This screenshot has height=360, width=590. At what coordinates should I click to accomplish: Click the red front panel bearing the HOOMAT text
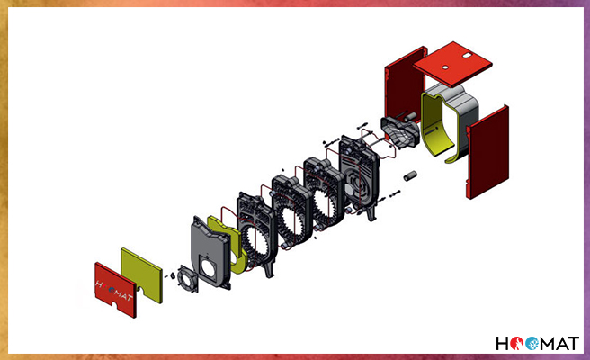pos(115,290)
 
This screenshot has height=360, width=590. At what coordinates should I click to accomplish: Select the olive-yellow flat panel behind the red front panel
pos(142,274)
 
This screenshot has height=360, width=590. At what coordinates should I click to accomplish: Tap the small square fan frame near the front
pos(187,279)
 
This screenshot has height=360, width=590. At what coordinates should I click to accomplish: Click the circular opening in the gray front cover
pos(208,266)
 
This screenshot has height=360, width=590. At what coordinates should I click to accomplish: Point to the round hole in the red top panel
pos(445,67)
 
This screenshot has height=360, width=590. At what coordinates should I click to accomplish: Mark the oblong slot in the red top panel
pos(469,56)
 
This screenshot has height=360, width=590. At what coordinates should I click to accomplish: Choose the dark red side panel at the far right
pos(487,152)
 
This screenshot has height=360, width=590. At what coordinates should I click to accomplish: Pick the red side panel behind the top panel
pos(405,90)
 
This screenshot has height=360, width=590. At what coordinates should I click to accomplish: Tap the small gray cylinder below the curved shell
pos(410,175)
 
